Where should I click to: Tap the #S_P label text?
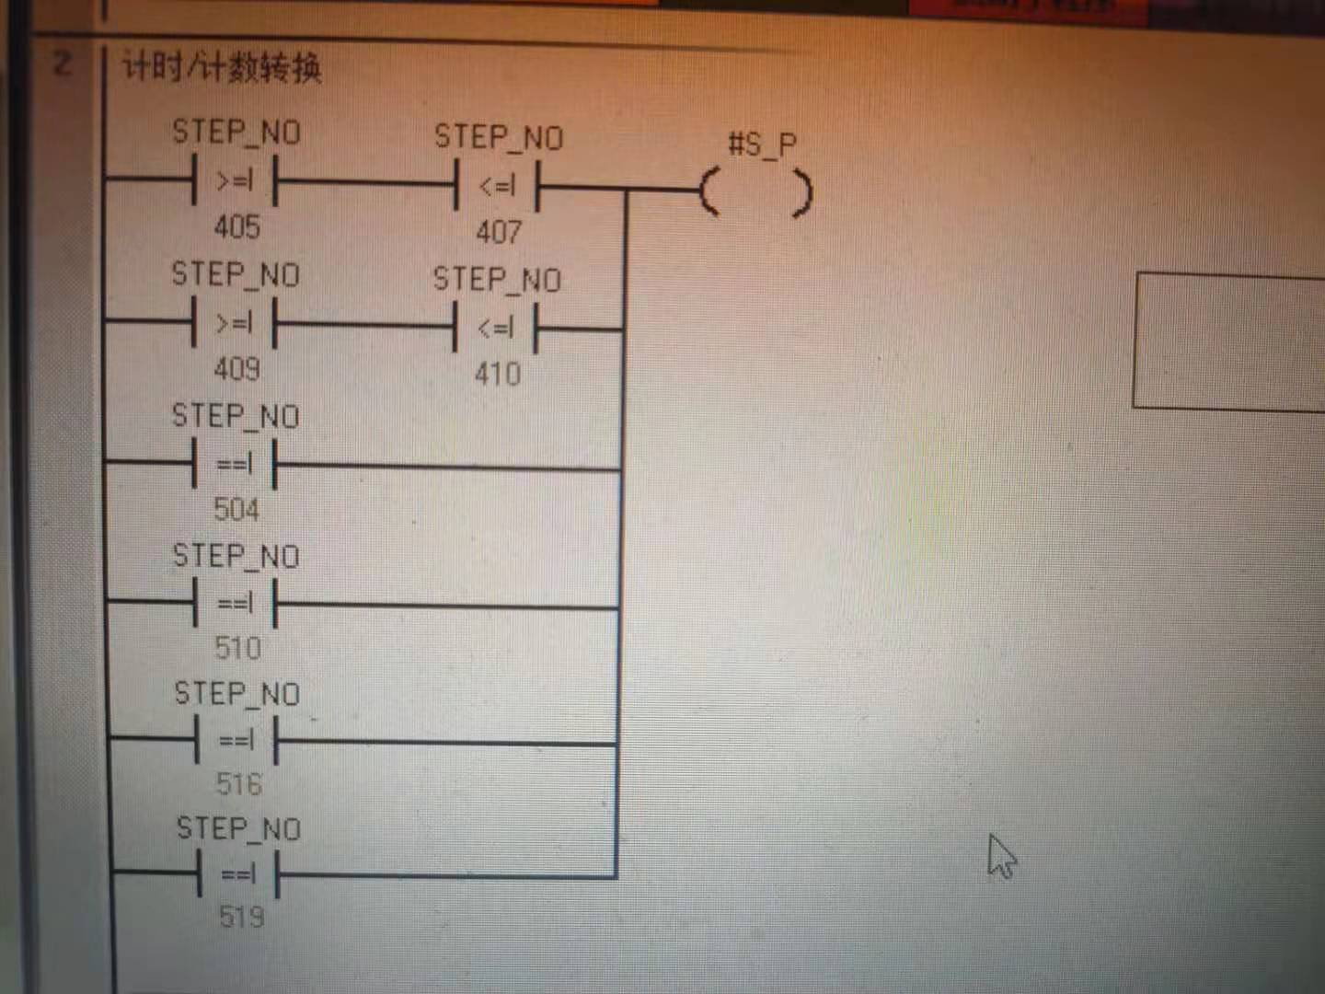point(762,144)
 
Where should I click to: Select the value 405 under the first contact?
point(236,226)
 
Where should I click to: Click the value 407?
point(498,231)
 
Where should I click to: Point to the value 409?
point(236,369)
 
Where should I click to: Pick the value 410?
point(498,374)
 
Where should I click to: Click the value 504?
point(236,509)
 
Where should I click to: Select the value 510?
point(237,648)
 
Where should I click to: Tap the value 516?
point(239,784)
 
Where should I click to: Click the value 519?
point(241,917)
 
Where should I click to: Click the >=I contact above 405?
point(235,181)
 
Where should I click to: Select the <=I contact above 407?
point(497,187)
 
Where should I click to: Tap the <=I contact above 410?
point(496,328)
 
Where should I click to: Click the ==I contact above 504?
point(235,464)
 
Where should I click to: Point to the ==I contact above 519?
point(239,874)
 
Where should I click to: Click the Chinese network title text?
point(222,68)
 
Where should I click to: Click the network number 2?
point(62,64)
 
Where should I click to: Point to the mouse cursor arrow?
point(1000,856)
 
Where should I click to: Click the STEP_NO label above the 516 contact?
point(237,694)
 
